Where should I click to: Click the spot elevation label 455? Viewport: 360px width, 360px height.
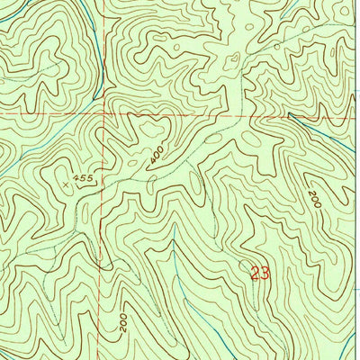[x=85, y=179]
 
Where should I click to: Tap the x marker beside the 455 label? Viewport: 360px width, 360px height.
[x=67, y=183]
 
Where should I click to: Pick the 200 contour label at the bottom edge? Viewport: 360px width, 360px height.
[x=123, y=322]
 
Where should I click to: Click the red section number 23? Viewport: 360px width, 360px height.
[x=260, y=273]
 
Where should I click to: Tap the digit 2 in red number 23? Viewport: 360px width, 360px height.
[x=255, y=273]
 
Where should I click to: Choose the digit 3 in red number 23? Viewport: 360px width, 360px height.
[x=265, y=273]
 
